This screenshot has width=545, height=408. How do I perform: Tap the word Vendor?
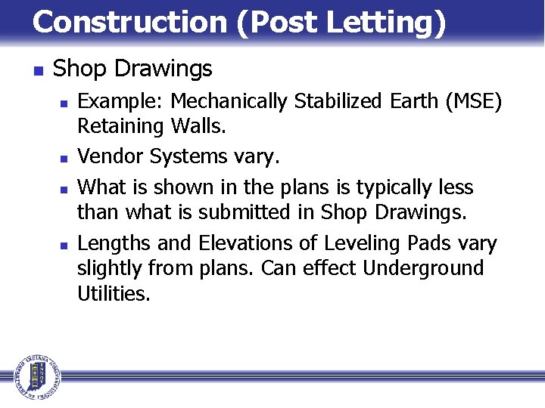(111, 156)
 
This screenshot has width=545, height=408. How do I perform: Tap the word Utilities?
(114, 293)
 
